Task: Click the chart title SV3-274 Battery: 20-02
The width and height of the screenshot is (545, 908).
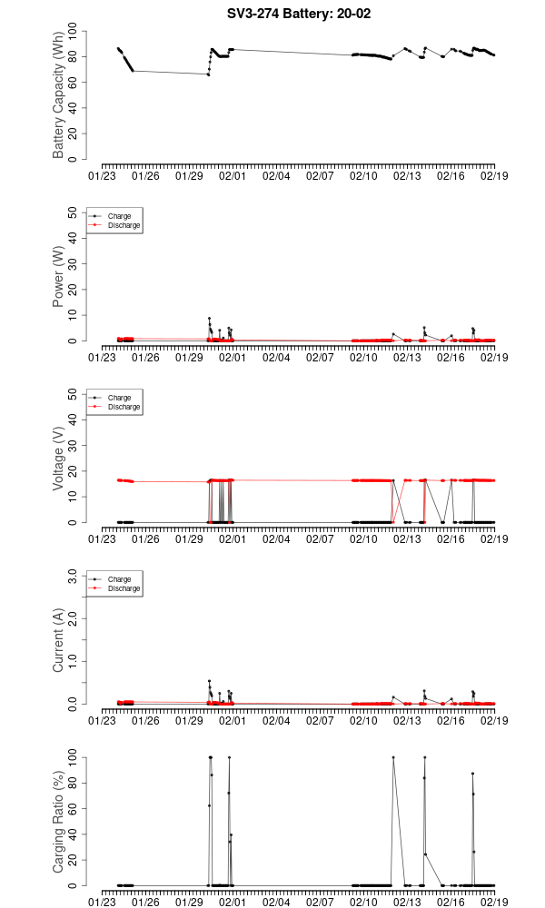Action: (x=299, y=14)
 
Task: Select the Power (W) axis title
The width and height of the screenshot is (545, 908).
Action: (x=59, y=277)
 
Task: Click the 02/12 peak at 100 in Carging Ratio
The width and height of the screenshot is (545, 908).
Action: (x=393, y=757)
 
